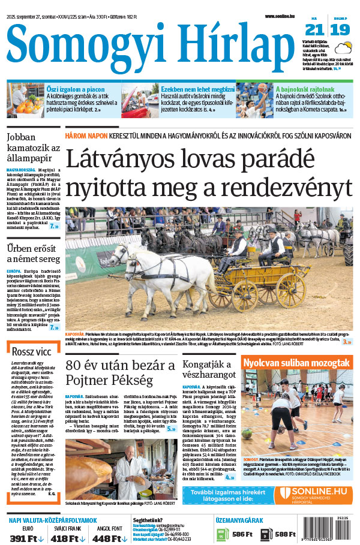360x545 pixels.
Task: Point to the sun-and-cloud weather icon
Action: pyautogui.click(x=343, y=49)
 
